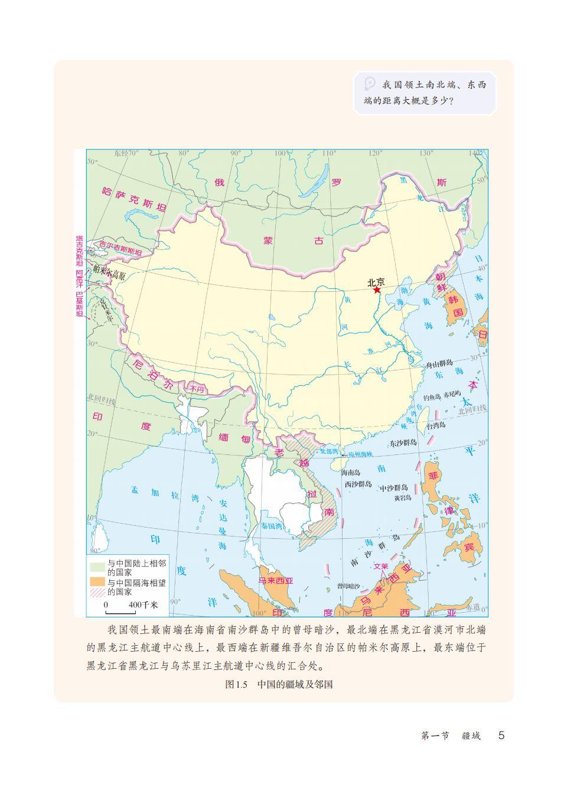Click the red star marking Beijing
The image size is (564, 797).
coord(376,290)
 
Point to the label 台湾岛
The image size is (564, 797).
coord(435,425)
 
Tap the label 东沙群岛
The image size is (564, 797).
coord(403,442)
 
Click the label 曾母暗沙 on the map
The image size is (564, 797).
coord(348,585)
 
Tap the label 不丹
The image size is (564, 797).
coord(196,389)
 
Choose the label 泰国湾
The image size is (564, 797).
coord(272,525)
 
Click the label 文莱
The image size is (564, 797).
coord(382,566)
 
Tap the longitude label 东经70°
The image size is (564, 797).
coord(126,152)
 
